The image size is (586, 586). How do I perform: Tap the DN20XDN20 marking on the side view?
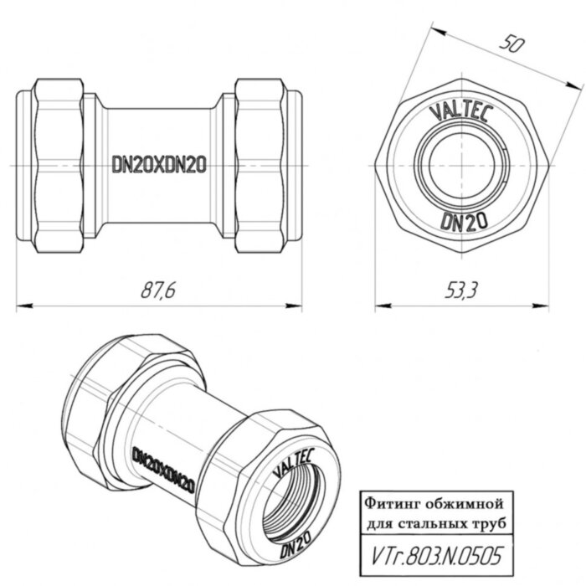(x=159, y=165)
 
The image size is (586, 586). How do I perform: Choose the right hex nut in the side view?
(x=262, y=165)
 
